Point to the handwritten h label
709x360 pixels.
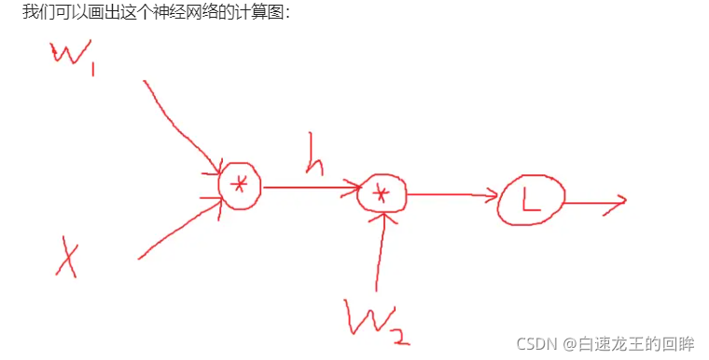315,164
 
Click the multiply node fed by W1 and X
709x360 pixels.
240,185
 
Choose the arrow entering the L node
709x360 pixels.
452,195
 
